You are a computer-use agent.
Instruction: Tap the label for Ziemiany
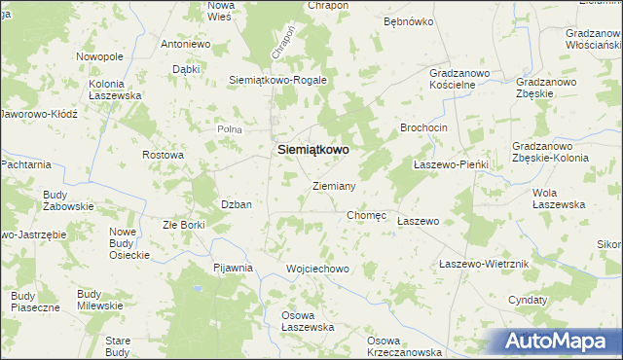(333, 185)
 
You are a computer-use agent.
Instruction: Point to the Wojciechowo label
(317, 268)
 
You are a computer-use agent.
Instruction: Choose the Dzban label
(237, 204)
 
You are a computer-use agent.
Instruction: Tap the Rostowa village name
(163, 155)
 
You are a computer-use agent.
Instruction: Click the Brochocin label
(423, 127)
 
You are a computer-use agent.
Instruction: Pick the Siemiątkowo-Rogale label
(277, 80)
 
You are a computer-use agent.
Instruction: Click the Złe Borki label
(184, 225)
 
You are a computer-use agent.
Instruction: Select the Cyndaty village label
(528, 301)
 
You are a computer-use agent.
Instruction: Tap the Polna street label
(229, 128)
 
